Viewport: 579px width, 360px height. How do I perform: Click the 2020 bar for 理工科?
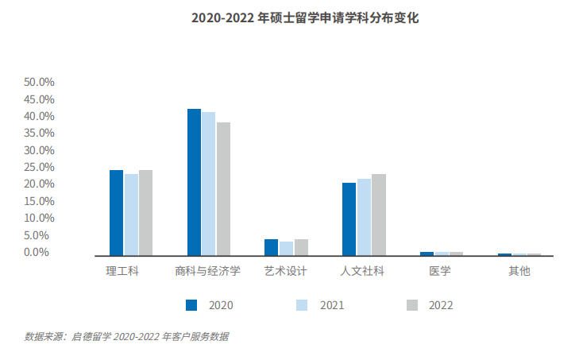[116, 213]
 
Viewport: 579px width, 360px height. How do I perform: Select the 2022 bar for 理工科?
[145, 213]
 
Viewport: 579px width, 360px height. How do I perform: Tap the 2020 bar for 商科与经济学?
[194, 182]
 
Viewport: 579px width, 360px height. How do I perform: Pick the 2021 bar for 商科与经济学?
[208, 184]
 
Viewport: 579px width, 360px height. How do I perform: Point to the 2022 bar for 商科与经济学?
[223, 189]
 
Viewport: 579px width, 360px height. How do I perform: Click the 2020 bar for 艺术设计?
[272, 247]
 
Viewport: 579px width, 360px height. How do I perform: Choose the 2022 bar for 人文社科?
[378, 215]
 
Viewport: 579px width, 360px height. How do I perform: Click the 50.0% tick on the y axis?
[39, 82]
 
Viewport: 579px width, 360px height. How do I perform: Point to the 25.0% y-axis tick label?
[39, 167]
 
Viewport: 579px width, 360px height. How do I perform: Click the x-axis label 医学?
[440, 271]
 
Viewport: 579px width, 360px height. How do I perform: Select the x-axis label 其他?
[519, 271]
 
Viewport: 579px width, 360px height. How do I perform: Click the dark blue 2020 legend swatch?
[191, 304]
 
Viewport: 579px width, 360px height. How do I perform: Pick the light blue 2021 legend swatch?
[302, 304]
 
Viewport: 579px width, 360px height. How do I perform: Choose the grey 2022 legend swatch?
[411, 304]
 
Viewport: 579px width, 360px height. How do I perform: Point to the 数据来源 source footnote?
[126, 337]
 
